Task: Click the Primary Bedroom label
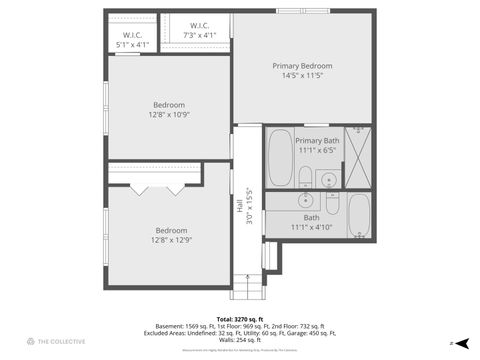(306, 66)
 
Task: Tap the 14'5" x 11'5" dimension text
(306, 76)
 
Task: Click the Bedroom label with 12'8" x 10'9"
(169, 105)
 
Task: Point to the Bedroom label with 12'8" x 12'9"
(169, 231)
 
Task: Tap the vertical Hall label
(239, 207)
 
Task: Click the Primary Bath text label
(317, 141)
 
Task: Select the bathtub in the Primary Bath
(280, 158)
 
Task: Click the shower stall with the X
(358, 157)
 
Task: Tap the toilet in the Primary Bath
(305, 178)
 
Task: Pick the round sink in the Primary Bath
(328, 180)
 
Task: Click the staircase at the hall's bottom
(246, 285)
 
